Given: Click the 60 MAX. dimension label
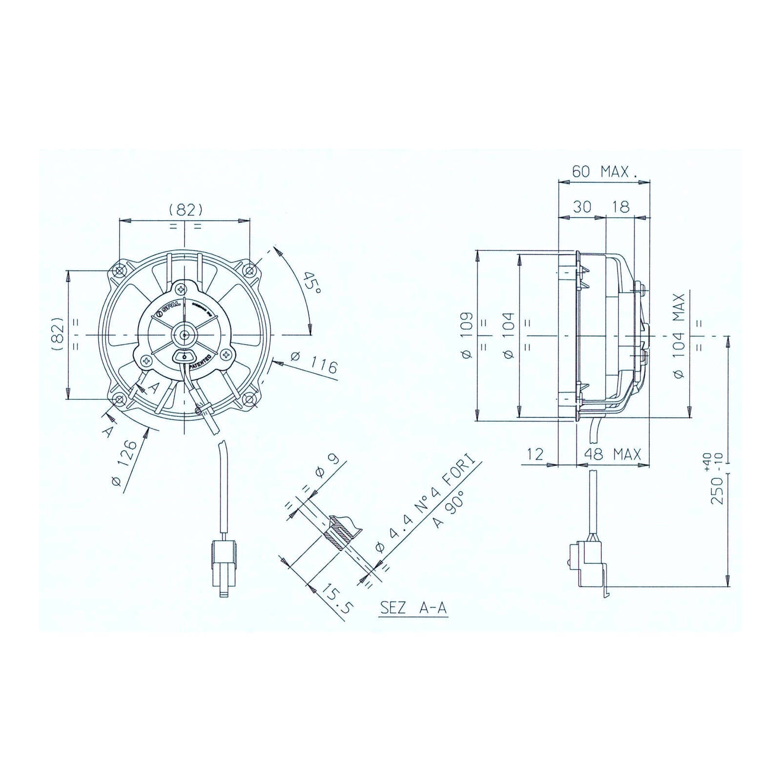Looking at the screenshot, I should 604,172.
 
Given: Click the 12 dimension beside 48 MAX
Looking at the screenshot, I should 535,454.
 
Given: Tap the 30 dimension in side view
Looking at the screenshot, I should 582,206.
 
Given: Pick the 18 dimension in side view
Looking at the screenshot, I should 620,206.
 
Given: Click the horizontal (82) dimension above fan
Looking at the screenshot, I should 185,209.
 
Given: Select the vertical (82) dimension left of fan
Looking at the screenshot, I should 58,334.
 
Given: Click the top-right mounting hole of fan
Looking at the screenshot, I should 249,270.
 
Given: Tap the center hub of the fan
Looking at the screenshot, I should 185,335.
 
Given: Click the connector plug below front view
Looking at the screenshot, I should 224,566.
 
